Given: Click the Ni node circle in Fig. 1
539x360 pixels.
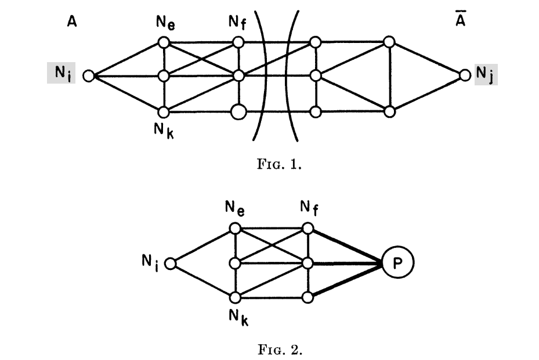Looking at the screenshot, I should point(89,75).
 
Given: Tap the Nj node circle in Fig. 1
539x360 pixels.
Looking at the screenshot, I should point(464,75).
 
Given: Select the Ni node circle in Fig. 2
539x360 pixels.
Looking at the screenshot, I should point(170,264).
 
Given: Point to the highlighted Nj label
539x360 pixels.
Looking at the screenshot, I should point(486,75).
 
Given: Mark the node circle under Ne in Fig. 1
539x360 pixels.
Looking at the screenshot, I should point(164,42).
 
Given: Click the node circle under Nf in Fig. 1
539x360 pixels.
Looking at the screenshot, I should point(238,42).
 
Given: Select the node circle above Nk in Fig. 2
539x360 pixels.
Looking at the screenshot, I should point(235,297).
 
